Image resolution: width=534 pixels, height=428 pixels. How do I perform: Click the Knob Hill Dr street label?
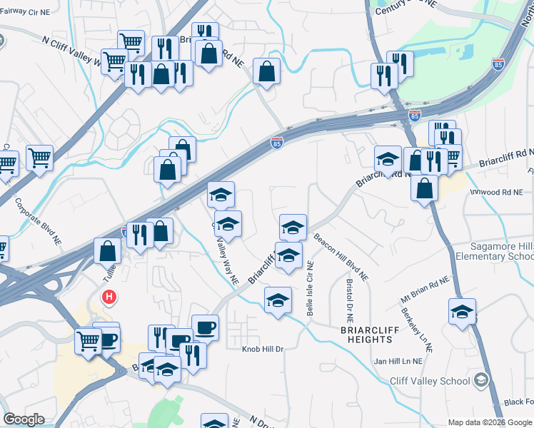(x=263, y=349)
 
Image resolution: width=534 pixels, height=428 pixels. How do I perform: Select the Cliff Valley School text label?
(x=430, y=381)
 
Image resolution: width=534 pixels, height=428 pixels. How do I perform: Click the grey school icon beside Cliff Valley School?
(x=482, y=379)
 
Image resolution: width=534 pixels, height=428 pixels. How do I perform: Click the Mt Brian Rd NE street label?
(x=425, y=287)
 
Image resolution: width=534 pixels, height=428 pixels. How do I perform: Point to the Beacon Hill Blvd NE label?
(x=341, y=258)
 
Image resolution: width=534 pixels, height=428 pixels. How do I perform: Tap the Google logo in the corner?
(x=24, y=419)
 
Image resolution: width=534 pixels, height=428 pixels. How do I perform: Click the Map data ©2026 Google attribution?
(x=490, y=422)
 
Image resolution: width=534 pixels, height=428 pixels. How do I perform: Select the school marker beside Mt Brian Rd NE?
(x=462, y=312)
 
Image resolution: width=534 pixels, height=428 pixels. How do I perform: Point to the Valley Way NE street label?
(x=228, y=261)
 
